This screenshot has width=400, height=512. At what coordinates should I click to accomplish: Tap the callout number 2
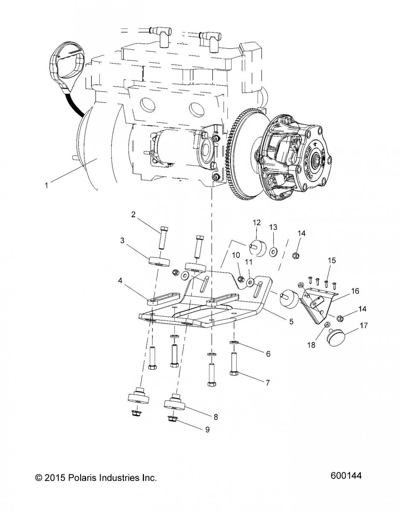(x=133, y=215)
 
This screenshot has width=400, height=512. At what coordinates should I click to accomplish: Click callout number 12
(x=256, y=223)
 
